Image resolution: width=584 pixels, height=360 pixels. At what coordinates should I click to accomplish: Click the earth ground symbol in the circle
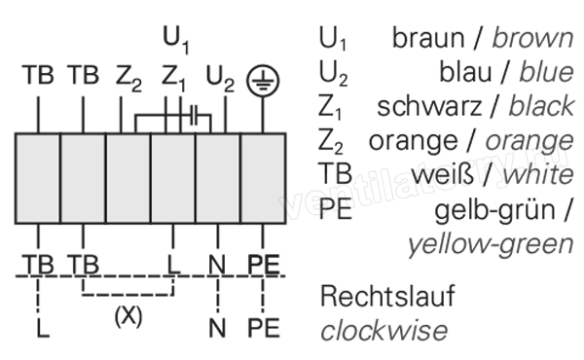(x=263, y=81)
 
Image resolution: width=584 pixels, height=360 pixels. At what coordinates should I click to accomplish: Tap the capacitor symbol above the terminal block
(x=194, y=115)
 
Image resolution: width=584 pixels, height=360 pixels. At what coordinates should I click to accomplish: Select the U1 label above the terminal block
(x=176, y=40)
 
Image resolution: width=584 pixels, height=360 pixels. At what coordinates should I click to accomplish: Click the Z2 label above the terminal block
(x=128, y=79)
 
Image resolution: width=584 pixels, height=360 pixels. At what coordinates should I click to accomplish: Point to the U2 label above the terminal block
(x=220, y=79)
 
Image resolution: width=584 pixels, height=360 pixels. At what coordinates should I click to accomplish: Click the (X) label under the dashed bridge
(x=128, y=317)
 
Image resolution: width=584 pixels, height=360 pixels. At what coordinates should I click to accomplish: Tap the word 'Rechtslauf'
(x=387, y=297)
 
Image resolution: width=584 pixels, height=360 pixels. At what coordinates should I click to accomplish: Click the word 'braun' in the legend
(x=428, y=38)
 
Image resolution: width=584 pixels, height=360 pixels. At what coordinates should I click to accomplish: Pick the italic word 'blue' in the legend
(x=546, y=72)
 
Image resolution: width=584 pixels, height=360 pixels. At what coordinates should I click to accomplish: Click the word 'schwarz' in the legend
(x=429, y=106)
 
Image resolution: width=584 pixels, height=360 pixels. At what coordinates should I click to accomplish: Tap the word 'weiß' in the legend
(x=442, y=174)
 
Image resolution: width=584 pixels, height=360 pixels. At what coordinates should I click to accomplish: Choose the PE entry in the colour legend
(x=335, y=209)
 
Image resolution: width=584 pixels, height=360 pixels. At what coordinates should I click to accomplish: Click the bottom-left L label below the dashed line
(x=43, y=328)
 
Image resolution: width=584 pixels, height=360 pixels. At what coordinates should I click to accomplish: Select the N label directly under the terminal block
(x=217, y=265)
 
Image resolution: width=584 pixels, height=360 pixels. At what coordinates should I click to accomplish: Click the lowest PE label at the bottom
(x=264, y=328)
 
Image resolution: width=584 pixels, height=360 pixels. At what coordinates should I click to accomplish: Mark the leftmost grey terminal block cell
(x=38, y=178)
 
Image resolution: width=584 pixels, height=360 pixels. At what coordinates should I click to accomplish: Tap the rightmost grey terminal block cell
(x=263, y=178)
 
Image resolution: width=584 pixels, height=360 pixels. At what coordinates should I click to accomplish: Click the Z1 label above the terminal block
(x=173, y=79)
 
